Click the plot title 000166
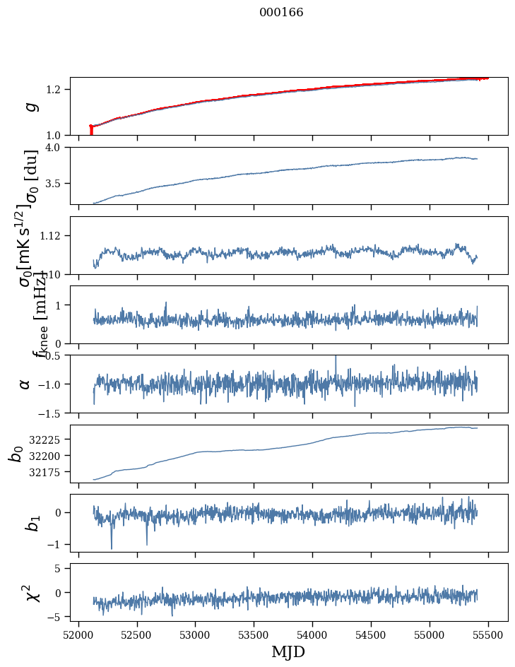click(281, 13)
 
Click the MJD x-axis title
click(288, 651)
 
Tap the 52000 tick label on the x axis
click(78, 635)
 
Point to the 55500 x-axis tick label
click(488, 635)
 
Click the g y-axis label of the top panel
click(30, 107)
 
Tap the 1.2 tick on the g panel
click(56, 89)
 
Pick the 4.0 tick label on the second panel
click(56, 147)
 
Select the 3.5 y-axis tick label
click(56, 184)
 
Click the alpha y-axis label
click(25, 384)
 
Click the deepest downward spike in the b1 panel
click(111, 548)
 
